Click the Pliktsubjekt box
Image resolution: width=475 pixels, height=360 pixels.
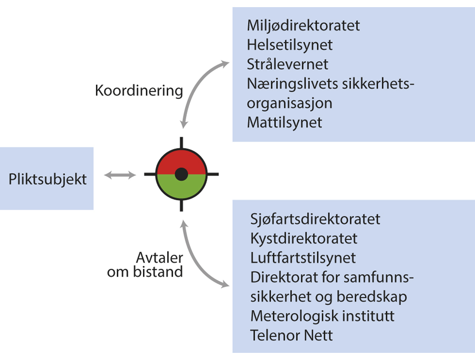(47, 179)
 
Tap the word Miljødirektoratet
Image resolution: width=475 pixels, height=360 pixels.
(303, 25)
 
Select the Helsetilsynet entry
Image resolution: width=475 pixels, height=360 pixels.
(289, 45)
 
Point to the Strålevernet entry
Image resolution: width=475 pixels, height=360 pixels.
(287, 64)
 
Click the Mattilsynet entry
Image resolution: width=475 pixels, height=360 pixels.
(284, 122)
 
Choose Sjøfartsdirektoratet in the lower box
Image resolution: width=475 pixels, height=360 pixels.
(315, 219)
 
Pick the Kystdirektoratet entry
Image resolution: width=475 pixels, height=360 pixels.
(304, 238)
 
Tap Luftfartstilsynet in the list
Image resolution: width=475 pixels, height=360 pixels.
(303, 258)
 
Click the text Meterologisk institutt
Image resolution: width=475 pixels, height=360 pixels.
(322, 316)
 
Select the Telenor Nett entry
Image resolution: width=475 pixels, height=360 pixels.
(291, 335)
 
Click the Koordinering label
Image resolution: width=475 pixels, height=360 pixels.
(139, 91)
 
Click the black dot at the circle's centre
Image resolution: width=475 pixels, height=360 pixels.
(180, 174)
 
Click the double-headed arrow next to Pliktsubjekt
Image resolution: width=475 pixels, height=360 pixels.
(120, 175)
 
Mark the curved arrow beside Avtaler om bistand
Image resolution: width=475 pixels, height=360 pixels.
(195, 261)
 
